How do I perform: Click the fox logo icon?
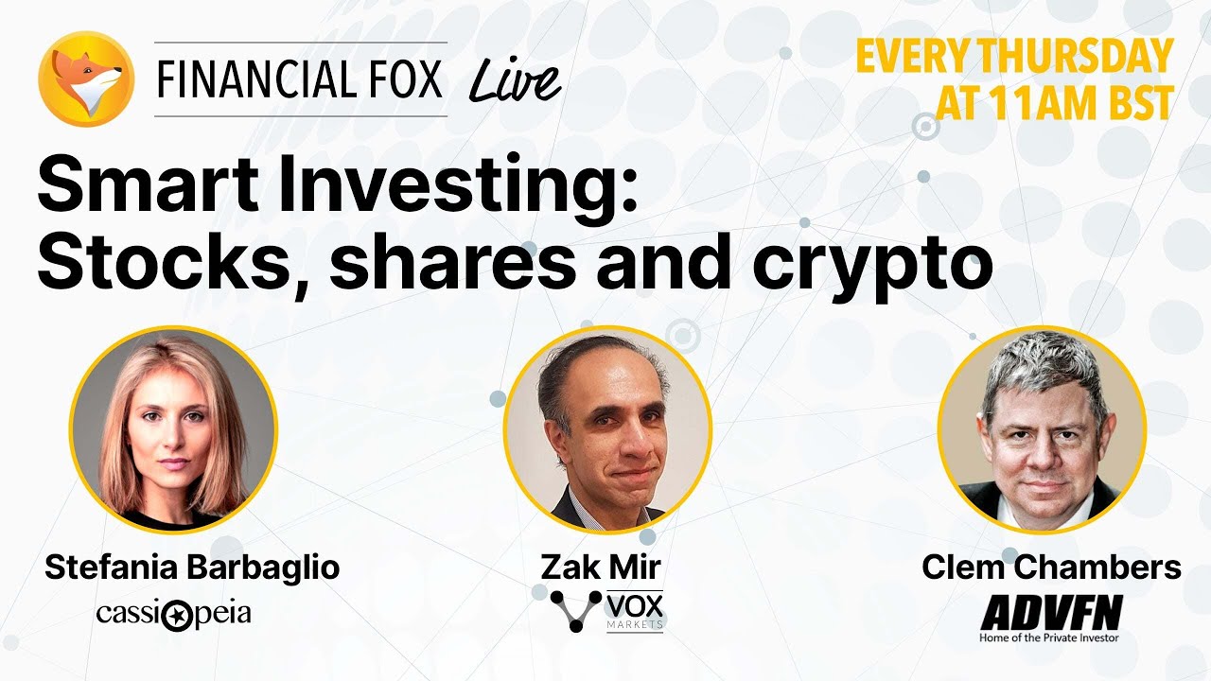[85, 79]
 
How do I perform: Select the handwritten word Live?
[515, 81]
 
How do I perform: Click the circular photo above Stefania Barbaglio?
[173, 429]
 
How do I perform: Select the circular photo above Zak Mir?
[606, 429]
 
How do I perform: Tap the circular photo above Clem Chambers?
[1041, 429]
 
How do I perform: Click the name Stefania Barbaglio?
[192, 567]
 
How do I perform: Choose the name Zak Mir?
[601, 567]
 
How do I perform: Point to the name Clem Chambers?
[1051, 567]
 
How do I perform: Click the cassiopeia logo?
[173, 614]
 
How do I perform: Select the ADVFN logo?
[1051, 613]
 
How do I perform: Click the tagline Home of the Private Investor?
[1049, 638]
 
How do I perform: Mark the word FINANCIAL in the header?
[259, 79]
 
